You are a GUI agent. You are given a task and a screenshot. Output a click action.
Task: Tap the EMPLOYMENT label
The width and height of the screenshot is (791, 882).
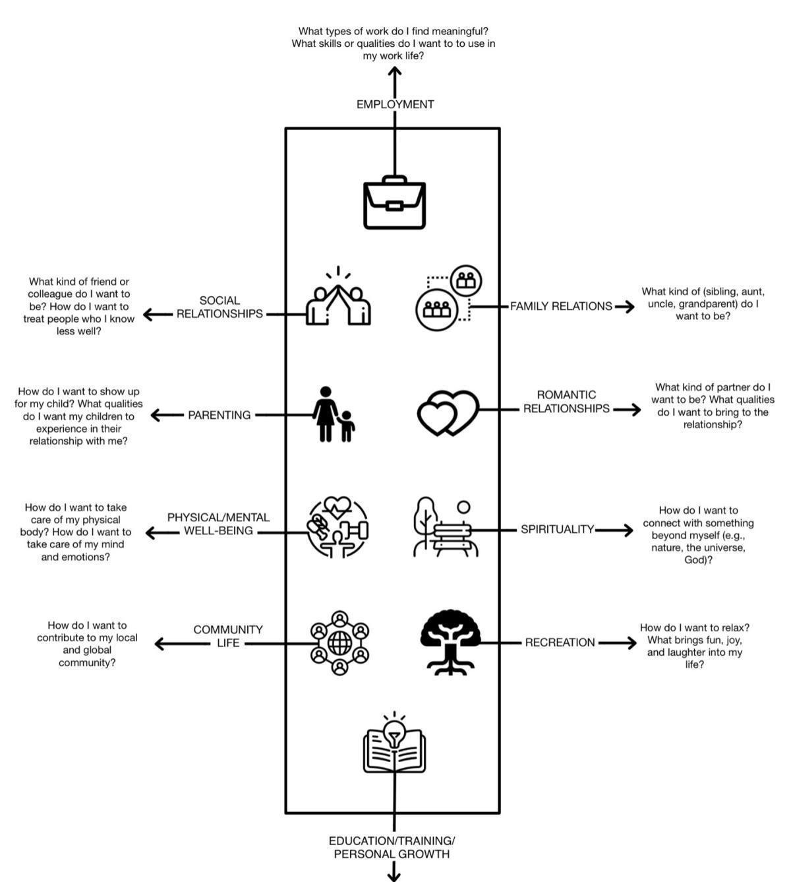pyautogui.click(x=395, y=104)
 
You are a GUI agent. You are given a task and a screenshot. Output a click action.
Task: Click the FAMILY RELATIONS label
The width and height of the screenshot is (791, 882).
pyautogui.click(x=561, y=306)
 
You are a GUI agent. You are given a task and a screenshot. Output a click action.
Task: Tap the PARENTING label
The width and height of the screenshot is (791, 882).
pyautogui.click(x=219, y=415)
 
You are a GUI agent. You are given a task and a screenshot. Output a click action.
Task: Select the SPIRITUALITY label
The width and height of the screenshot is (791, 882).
pyautogui.click(x=557, y=529)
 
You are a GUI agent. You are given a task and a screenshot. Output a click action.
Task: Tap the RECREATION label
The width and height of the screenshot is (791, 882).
pyautogui.click(x=560, y=643)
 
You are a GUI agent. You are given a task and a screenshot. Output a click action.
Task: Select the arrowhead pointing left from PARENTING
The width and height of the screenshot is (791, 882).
pyautogui.click(x=156, y=415)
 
